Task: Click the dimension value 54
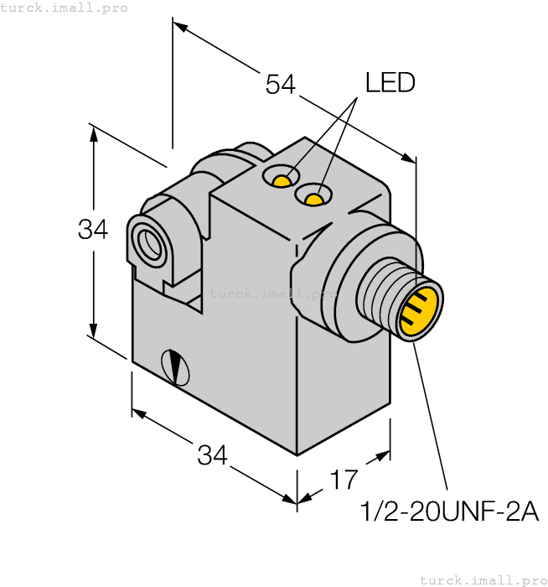[x=281, y=84]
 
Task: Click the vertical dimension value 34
[x=93, y=228]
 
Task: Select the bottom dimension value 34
[x=213, y=456]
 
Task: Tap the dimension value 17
[x=344, y=480]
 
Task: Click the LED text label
[x=390, y=83]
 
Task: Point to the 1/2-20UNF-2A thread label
[x=448, y=512]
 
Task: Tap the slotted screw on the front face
[x=175, y=366]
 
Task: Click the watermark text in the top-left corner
[x=65, y=8]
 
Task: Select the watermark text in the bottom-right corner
[x=483, y=579]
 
